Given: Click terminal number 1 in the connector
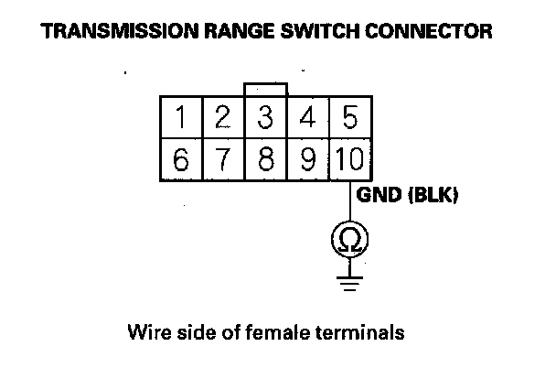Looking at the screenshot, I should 181,118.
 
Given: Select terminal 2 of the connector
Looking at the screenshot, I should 222,118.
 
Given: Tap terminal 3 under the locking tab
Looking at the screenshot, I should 265,118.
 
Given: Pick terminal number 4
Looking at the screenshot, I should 308,118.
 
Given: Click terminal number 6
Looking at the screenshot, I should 181,160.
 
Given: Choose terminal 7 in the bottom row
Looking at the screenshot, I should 222,160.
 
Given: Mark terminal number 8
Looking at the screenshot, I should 265,160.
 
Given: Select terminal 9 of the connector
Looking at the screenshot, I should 308,160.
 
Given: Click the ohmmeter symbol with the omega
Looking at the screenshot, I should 350,240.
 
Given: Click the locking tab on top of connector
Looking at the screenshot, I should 265,89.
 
